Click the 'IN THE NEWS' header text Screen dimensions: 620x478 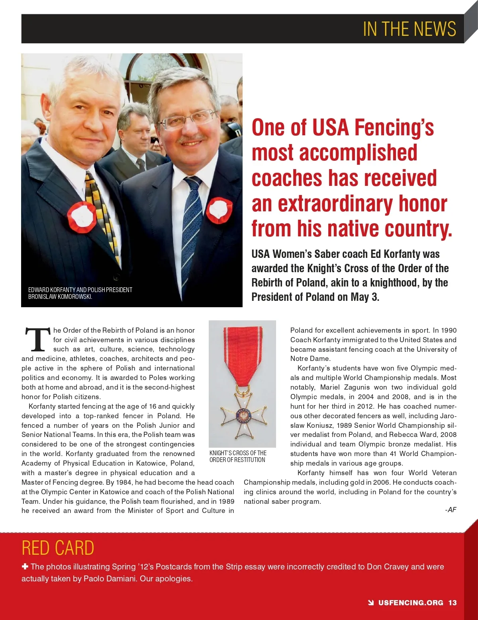409,29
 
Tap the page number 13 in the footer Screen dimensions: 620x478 453,602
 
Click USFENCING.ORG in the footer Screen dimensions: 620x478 410,602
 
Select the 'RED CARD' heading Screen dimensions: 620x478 58,548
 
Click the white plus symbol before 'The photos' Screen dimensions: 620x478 25,567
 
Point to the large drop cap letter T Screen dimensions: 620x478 38,340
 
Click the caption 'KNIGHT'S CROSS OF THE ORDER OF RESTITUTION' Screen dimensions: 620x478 238,456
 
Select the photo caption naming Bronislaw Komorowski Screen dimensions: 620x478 80,293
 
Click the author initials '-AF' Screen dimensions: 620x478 451,510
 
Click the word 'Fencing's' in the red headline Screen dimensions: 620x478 394,128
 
